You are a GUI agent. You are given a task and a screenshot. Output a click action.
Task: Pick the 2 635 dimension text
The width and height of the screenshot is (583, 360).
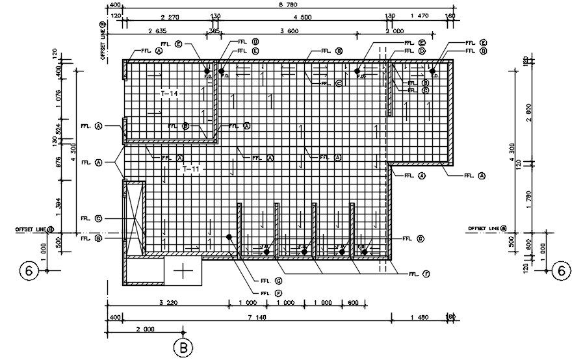pos(159,31)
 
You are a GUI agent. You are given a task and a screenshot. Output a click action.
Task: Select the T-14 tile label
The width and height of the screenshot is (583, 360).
pos(170,94)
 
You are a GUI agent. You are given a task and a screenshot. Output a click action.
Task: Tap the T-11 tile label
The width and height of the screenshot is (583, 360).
pos(190,169)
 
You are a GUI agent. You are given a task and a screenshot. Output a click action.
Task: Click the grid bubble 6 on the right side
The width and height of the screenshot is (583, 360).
pos(560,271)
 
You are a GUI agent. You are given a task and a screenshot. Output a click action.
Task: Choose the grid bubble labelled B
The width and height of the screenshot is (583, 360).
pos(183,348)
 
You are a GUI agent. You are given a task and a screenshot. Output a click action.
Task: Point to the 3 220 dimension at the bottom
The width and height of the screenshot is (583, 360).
pos(169,303)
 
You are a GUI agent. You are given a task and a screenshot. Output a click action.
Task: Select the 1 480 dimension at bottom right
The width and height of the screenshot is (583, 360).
pos(421,317)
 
